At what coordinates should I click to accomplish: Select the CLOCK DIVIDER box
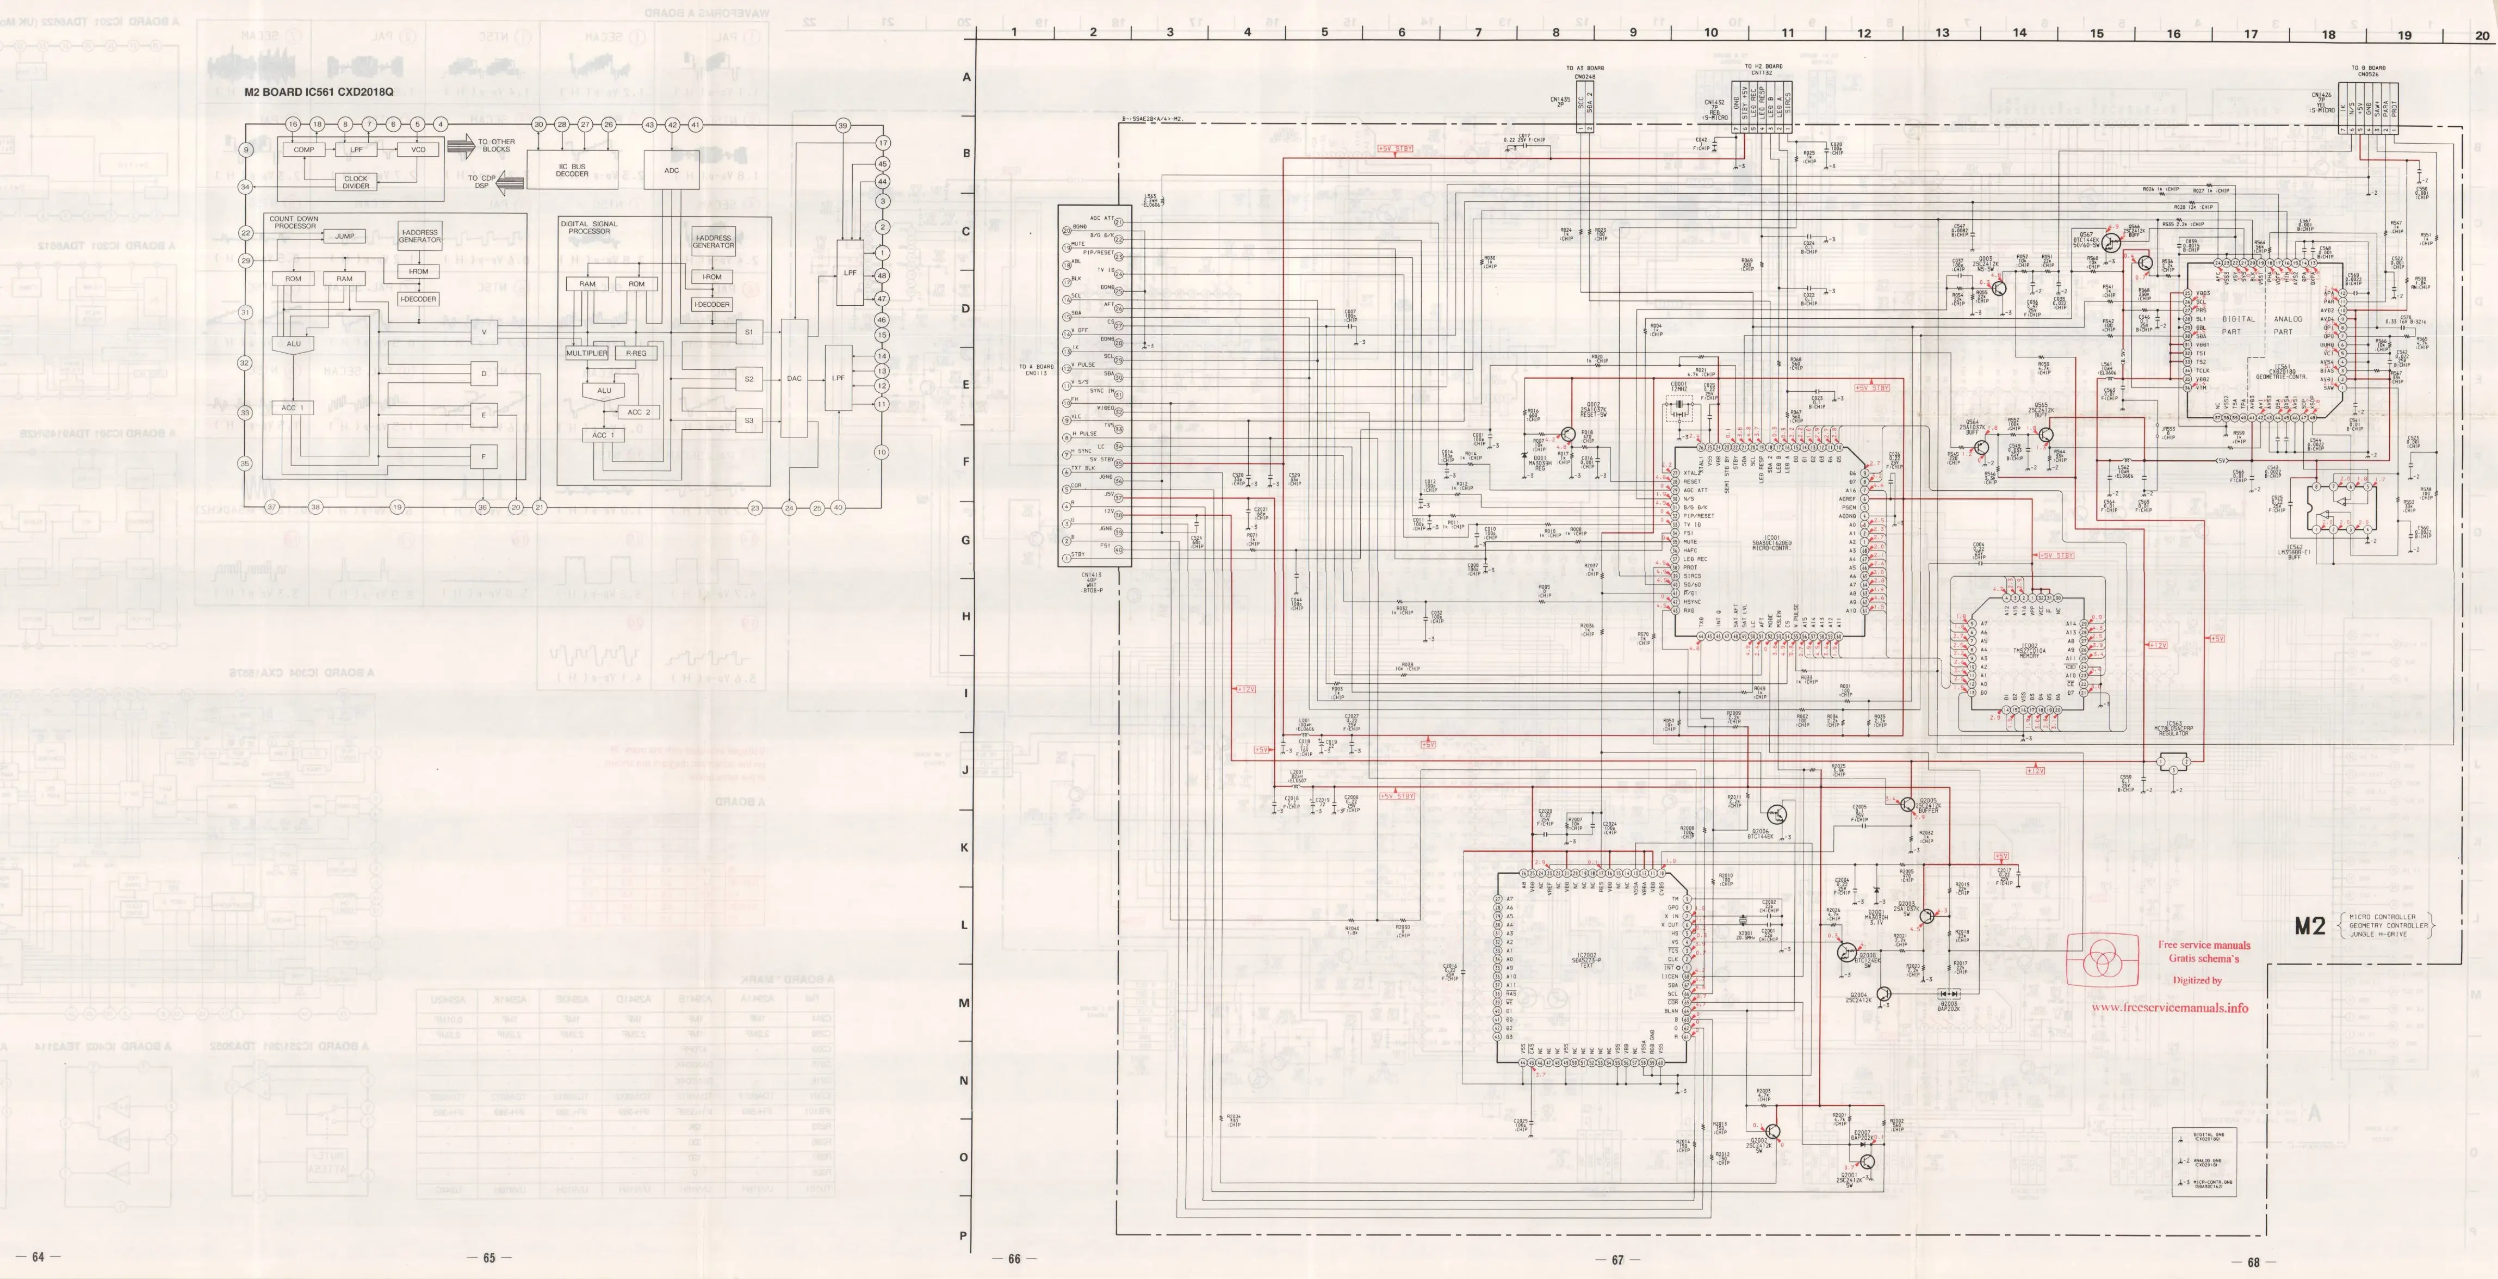(x=356, y=182)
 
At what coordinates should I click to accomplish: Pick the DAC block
(x=794, y=378)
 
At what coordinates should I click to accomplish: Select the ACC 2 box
(x=638, y=412)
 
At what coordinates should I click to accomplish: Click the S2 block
(x=748, y=379)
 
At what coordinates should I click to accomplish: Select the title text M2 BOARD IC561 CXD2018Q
(x=319, y=92)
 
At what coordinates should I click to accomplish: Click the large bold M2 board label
(x=2310, y=926)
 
